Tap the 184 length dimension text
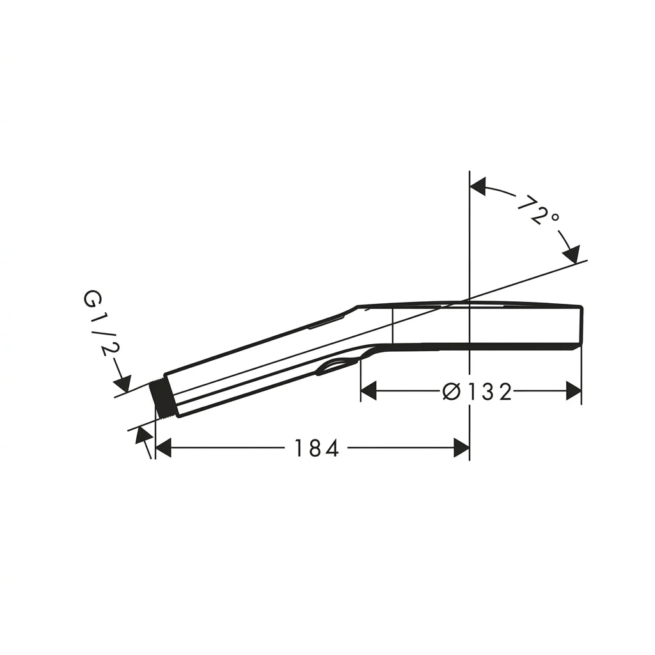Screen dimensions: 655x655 point(316,448)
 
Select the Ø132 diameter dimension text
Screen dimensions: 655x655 point(477,392)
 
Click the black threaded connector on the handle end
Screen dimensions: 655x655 point(161,399)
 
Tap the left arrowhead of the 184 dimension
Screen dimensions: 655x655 point(163,448)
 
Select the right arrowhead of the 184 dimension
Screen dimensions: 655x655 point(461,448)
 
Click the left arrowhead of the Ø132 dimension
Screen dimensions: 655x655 point(369,391)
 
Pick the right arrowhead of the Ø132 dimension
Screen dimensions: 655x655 point(574,391)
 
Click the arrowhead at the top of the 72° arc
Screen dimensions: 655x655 point(478,186)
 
